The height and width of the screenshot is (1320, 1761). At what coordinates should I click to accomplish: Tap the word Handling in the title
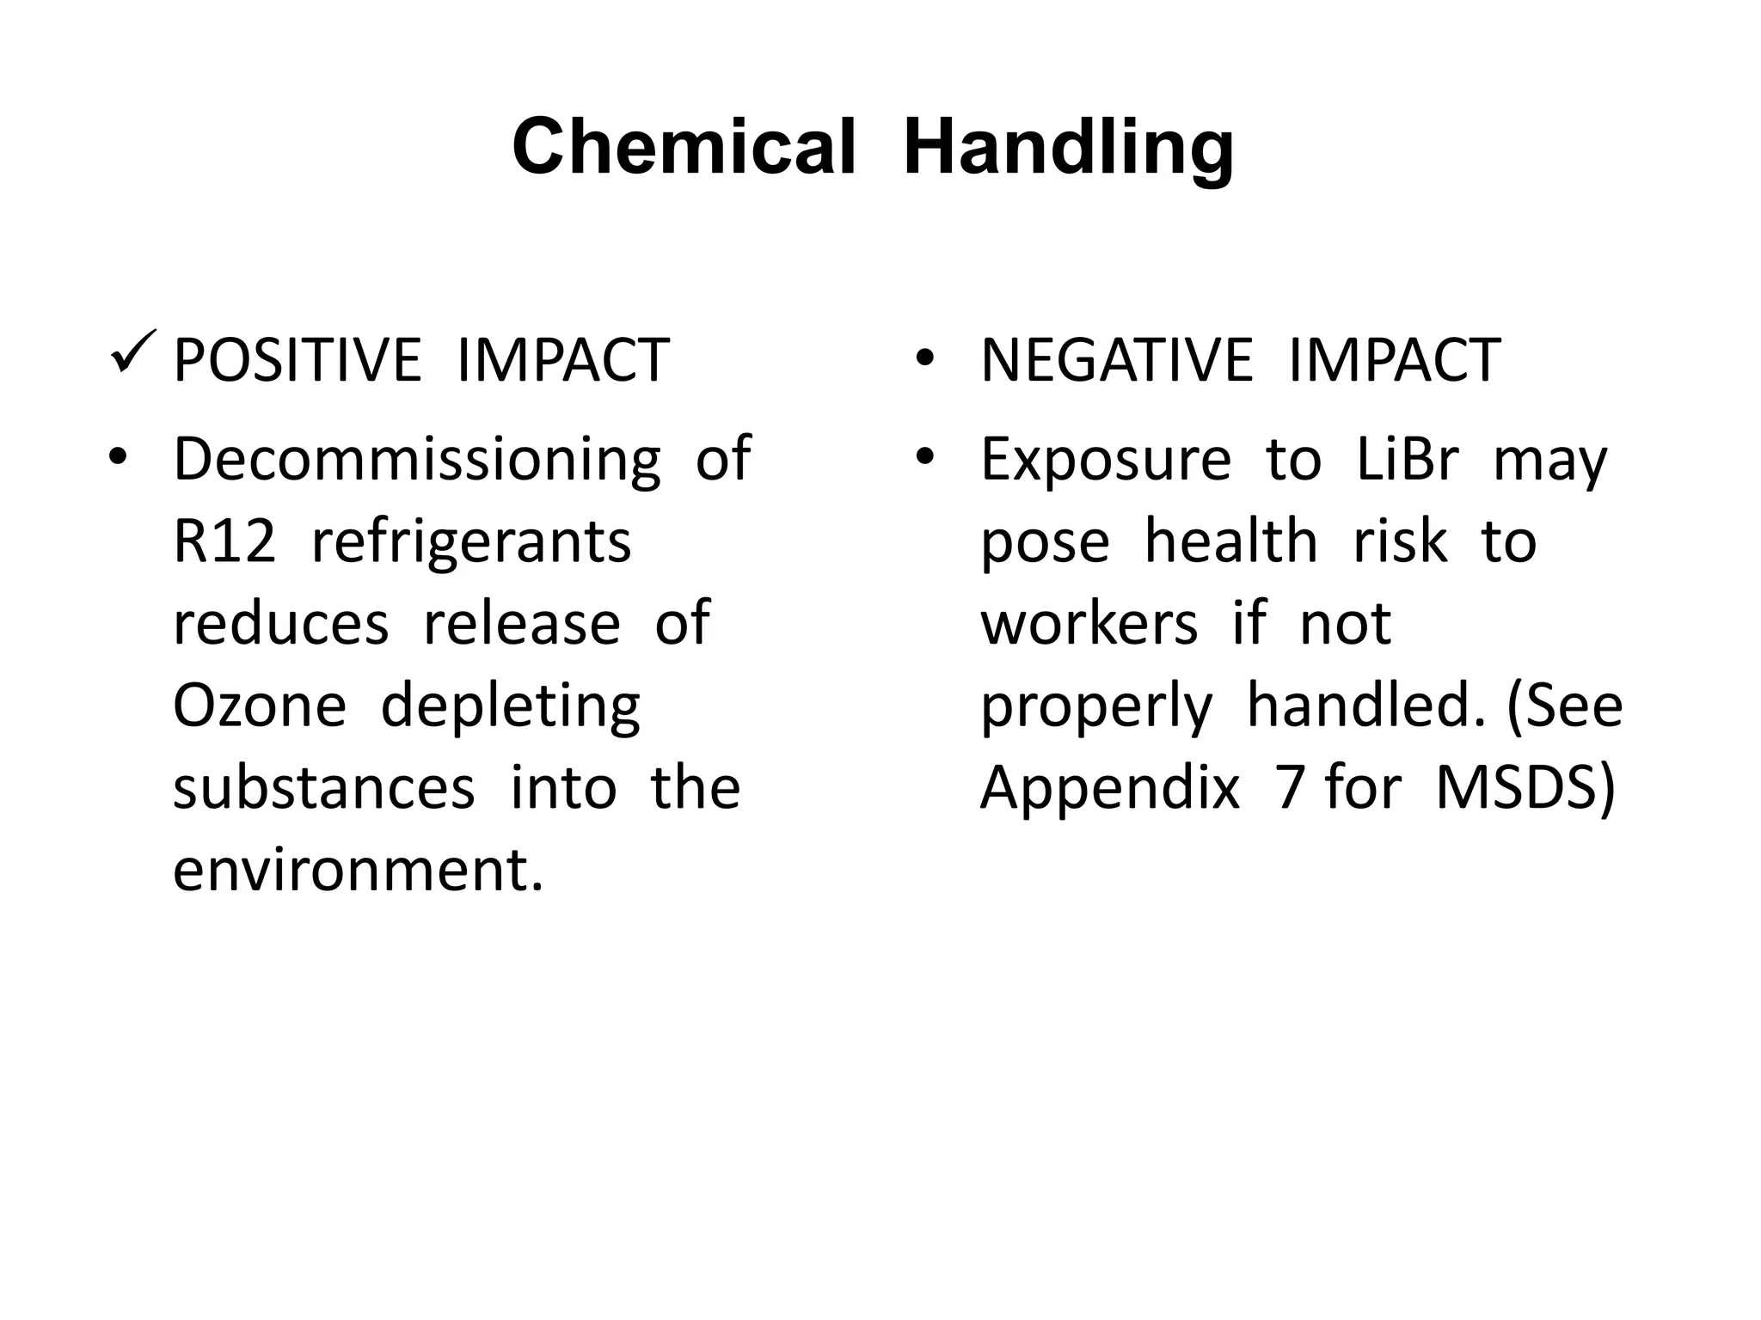point(1068,148)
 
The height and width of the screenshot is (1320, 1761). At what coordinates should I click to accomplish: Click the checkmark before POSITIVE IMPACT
point(132,353)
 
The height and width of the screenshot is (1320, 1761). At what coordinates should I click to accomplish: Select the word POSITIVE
point(297,360)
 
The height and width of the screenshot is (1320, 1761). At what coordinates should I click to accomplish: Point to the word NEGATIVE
point(1116,360)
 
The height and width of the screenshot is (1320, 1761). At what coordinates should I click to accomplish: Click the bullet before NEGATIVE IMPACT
point(924,358)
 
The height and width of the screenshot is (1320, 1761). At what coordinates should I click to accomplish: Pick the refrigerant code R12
point(224,541)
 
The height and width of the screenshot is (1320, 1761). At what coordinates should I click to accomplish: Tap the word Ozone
point(259,706)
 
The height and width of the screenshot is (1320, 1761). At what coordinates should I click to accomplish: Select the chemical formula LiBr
point(1408,458)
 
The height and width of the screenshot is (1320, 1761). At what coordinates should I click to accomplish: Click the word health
point(1230,541)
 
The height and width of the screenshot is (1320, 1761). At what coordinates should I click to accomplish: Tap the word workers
point(1089,623)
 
